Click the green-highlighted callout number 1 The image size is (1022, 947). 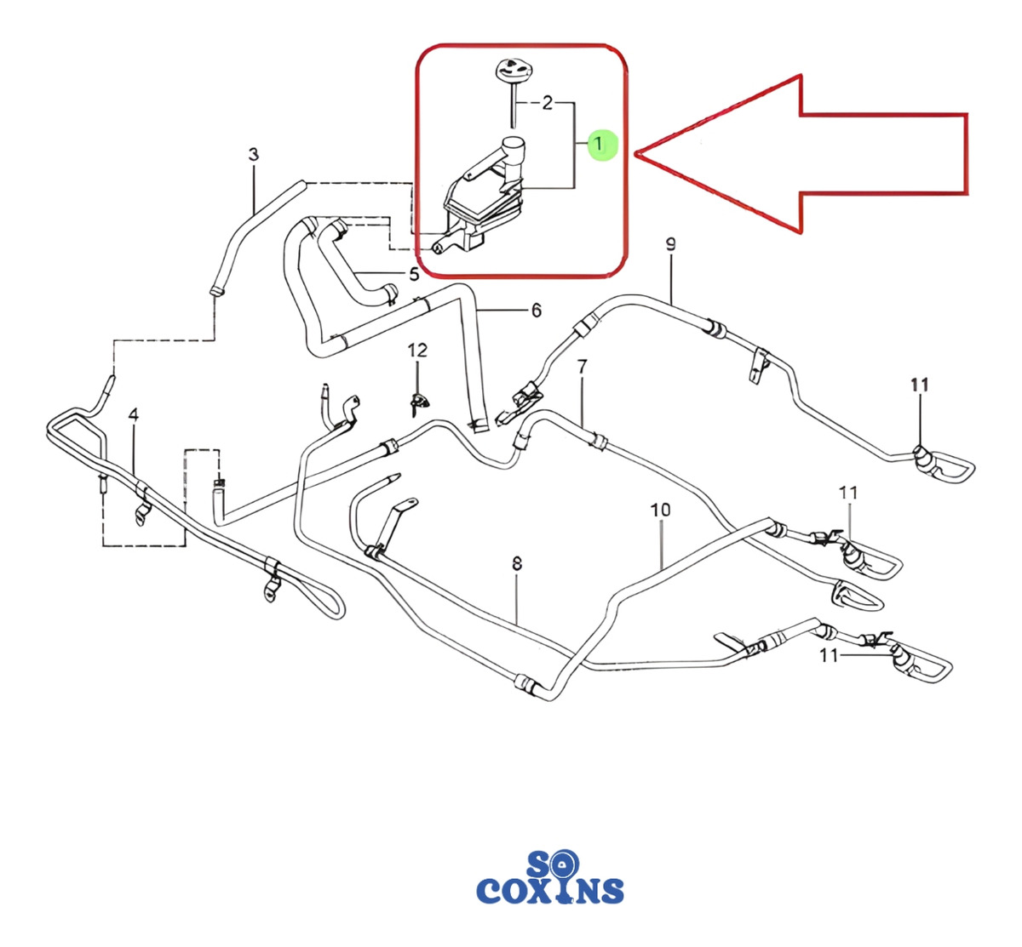[600, 144]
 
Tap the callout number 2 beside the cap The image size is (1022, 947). [547, 103]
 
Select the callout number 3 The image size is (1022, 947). [253, 154]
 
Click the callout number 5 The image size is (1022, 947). [413, 274]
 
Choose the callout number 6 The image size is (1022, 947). [536, 311]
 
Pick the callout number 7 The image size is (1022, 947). [582, 368]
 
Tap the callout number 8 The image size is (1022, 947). [517, 563]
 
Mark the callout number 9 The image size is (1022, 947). [670, 245]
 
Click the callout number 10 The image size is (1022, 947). [660, 510]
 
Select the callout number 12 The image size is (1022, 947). [416, 350]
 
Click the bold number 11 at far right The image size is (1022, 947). [919, 385]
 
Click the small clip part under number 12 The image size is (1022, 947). [417, 401]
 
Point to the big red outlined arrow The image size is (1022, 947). [801, 153]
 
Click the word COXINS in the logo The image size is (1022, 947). [550, 891]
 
